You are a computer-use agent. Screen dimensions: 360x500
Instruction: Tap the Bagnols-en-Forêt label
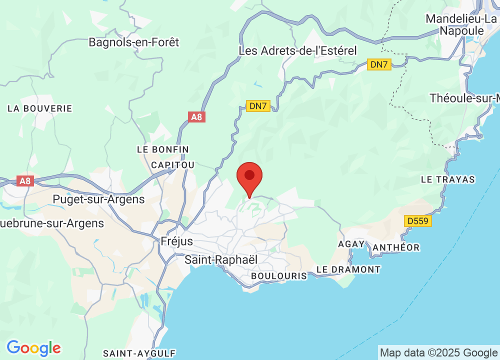click(133, 42)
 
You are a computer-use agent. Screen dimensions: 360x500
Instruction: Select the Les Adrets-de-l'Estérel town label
click(297, 50)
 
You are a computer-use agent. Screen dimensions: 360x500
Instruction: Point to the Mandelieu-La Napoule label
click(461, 24)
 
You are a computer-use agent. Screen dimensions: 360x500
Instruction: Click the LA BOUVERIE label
click(39, 108)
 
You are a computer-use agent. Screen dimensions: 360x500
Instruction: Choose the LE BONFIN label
click(162, 149)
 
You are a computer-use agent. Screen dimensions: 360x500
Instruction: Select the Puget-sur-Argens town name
click(98, 199)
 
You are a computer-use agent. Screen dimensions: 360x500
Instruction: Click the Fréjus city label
click(176, 241)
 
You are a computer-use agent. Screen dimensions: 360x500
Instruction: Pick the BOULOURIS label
click(279, 276)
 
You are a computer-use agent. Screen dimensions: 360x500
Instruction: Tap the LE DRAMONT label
click(348, 269)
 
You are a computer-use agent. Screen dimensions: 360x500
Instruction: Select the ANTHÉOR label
click(395, 247)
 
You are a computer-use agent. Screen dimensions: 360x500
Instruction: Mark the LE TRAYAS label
click(448, 179)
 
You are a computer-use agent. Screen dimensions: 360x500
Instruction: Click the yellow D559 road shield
click(417, 220)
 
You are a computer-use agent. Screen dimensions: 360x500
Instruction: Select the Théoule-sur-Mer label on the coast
click(464, 98)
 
